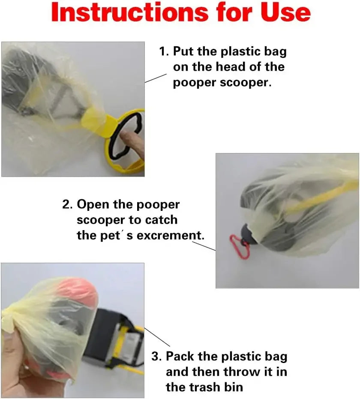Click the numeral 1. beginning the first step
[x=164, y=52]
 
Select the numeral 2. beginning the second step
[x=68, y=204]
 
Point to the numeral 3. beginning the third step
[x=157, y=357]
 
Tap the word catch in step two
[x=159, y=220]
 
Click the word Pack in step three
[x=182, y=357]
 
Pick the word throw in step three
[x=238, y=372]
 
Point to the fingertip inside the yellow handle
[x=127, y=141]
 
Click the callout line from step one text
[x=156, y=78]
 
